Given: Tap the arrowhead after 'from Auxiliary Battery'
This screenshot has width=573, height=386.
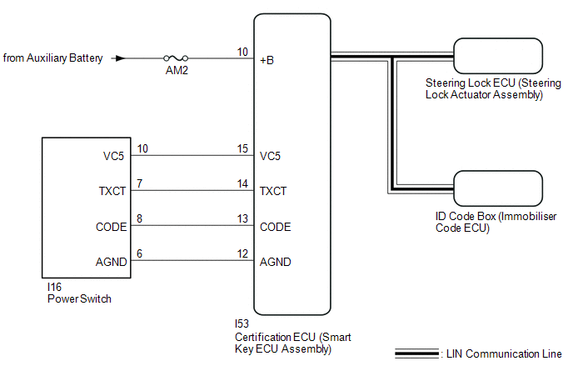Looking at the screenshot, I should [x=120, y=58].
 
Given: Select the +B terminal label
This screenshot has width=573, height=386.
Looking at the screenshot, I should [x=267, y=60].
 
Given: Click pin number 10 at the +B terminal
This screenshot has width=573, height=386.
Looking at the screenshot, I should [x=242, y=53].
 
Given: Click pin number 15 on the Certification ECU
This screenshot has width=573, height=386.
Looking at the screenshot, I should [x=242, y=149].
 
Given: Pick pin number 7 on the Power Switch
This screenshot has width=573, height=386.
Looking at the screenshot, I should [x=139, y=184].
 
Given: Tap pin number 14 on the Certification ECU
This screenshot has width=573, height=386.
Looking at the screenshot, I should [x=242, y=184].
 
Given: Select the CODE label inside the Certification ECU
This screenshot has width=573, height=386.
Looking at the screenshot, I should [x=275, y=227].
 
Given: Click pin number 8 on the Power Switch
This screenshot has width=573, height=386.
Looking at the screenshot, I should [x=139, y=220].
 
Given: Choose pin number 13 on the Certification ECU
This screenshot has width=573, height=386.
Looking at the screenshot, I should [x=242, y=220].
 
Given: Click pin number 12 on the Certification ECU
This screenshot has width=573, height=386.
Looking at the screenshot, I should [x=242, y=255].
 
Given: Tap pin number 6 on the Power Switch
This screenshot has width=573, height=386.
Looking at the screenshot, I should [x=139, y=255].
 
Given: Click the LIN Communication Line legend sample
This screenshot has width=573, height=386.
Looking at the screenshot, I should [x=417, y=354].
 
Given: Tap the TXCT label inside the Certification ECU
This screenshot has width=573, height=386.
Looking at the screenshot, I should [x=273, y=191].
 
